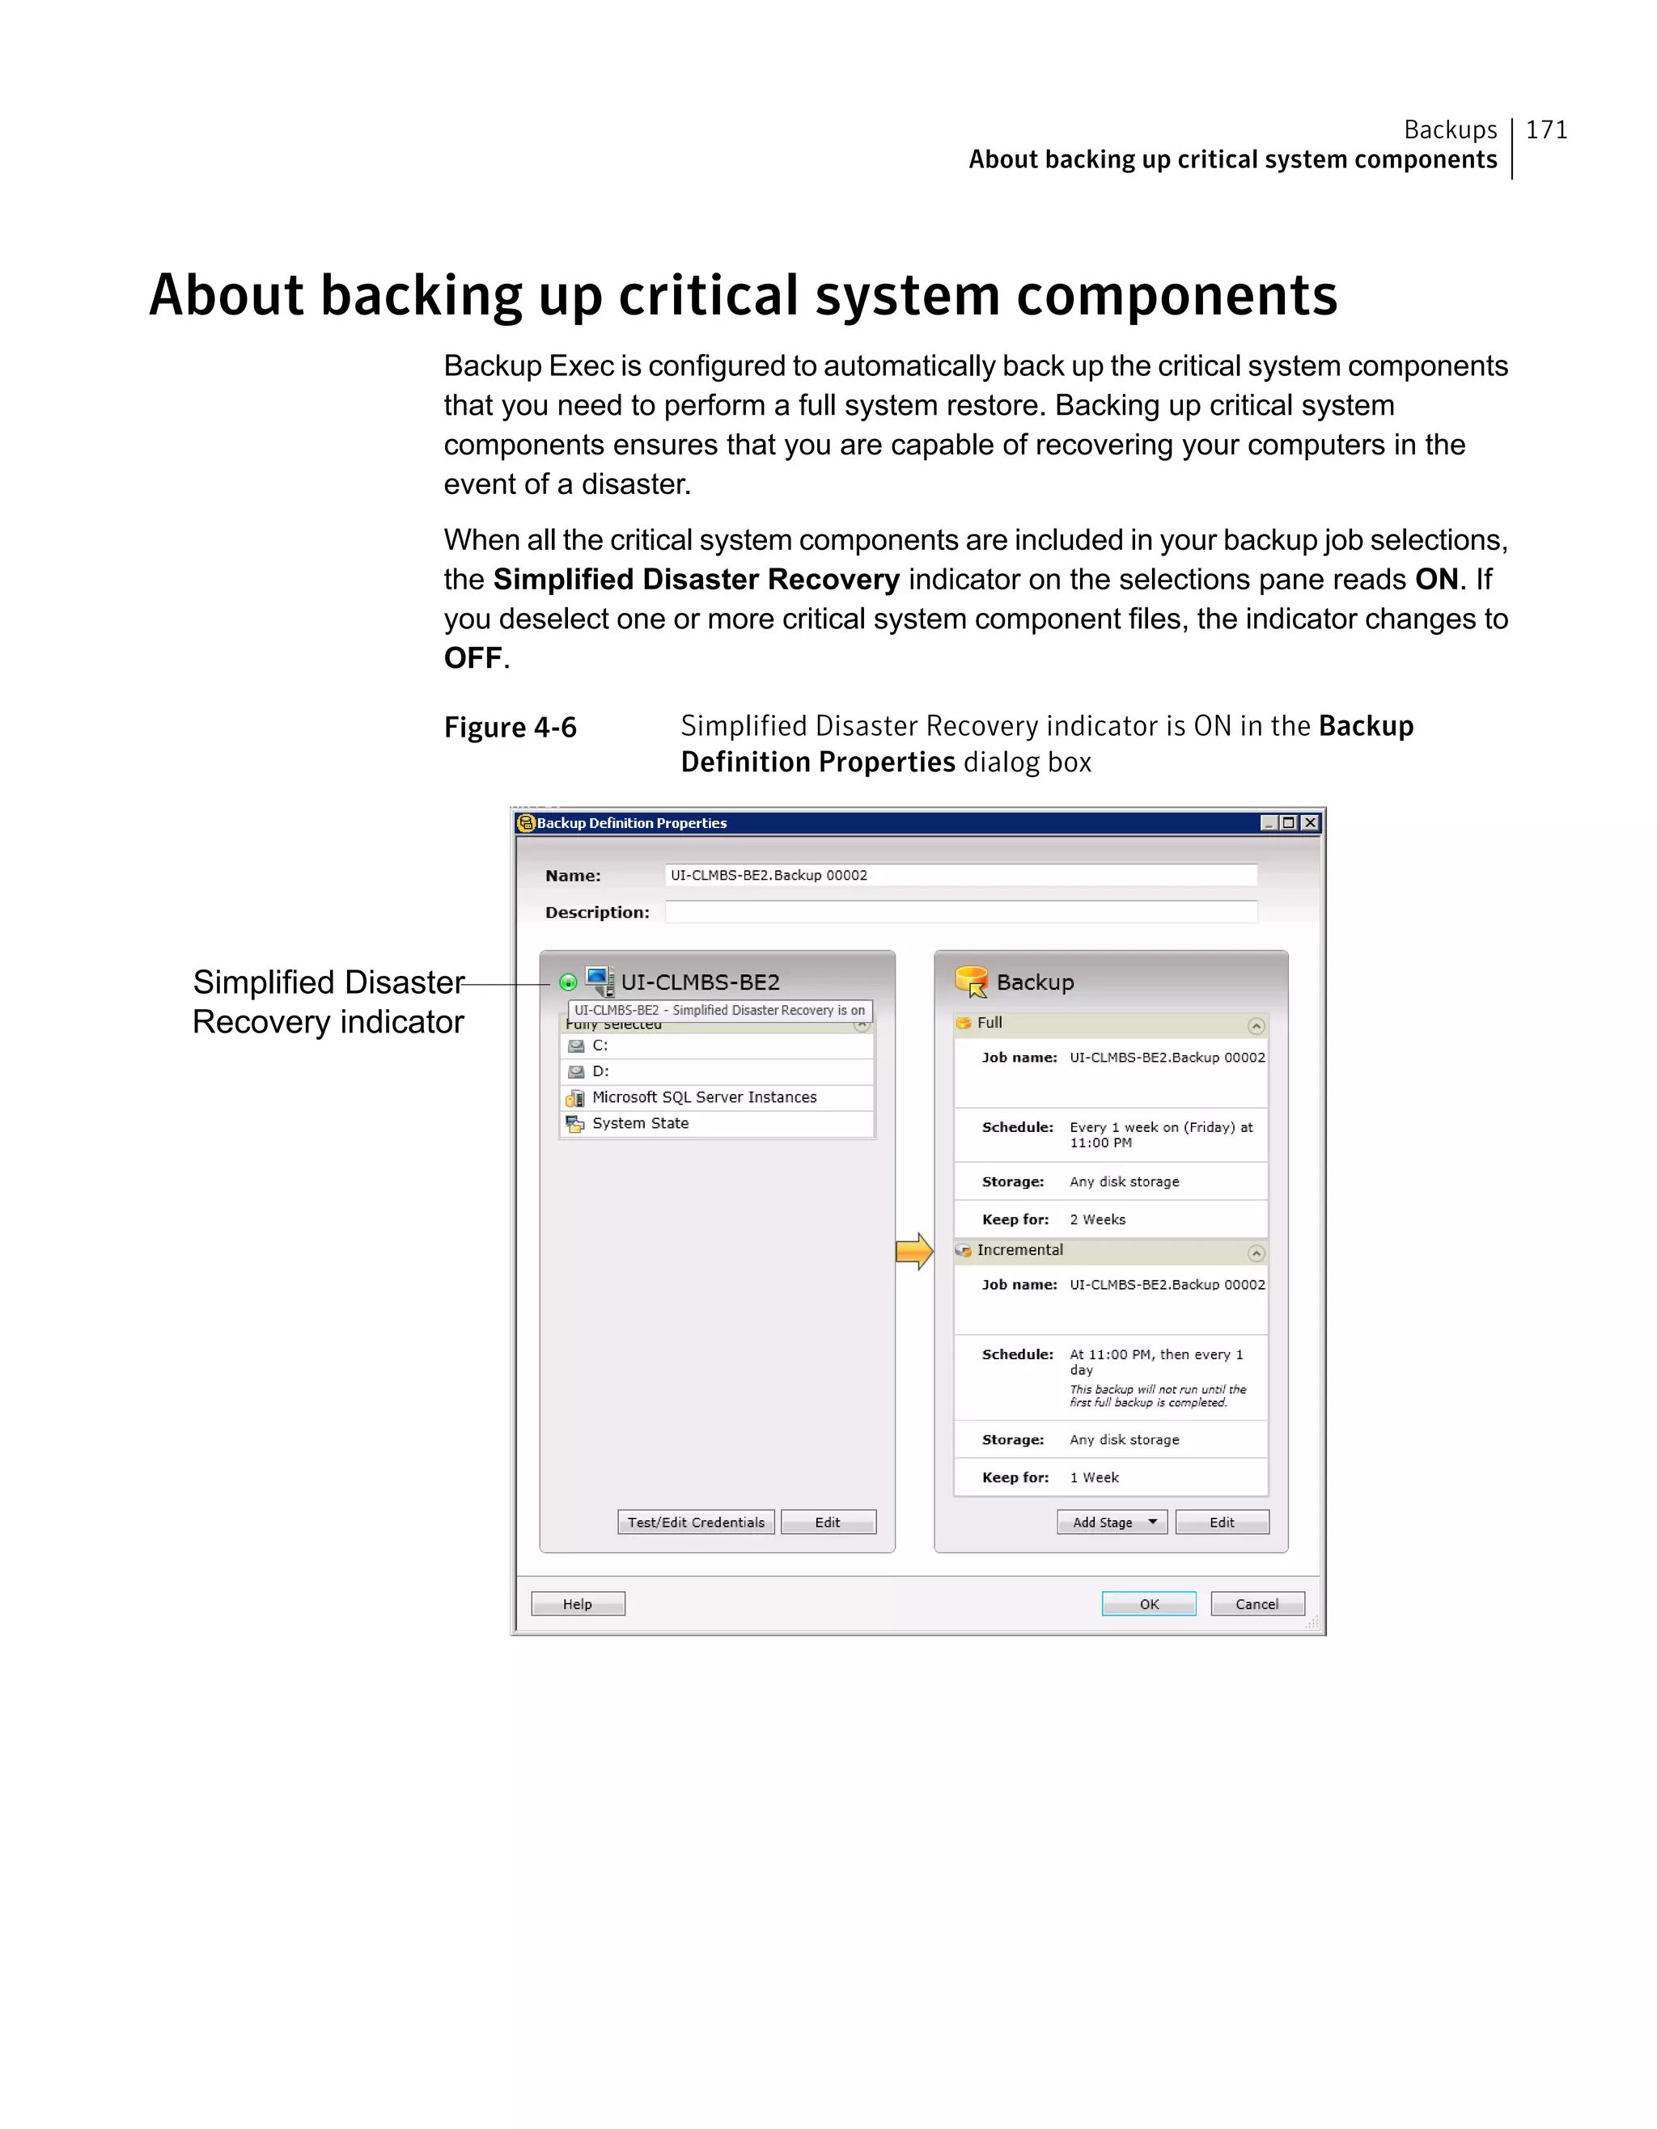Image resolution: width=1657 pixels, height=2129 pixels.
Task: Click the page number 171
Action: coord(1546,129)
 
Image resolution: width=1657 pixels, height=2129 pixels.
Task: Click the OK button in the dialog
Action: coord(1148,1603)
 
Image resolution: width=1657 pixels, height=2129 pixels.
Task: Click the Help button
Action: coord(578,1603)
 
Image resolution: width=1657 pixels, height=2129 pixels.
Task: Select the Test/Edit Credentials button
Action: coord(695,1522)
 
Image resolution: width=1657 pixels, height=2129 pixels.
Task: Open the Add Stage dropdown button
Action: coord(1112,1522)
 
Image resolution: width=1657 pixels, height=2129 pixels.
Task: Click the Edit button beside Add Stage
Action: coord(1221,1522)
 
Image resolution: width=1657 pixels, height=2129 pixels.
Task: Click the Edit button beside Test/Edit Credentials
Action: coord(827,1522)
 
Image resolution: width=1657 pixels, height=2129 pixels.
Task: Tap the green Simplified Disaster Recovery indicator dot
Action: coord(568,982)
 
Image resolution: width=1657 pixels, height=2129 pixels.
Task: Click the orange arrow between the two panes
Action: coord(913,1251)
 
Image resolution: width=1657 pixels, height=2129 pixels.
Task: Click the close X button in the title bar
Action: coord(1311,823)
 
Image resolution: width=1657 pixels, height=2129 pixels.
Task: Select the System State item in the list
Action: coord(640,1123)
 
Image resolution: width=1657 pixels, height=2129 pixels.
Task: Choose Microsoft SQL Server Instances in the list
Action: coord(704,1096)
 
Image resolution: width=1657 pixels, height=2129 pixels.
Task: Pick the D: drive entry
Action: coord(601,1071)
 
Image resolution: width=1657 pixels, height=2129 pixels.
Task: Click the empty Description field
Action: coord(960,911)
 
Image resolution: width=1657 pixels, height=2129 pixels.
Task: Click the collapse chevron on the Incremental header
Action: coord(1257,1252)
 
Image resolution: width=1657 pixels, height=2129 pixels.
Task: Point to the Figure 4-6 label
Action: coord(510,727)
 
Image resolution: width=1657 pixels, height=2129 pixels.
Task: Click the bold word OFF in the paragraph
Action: coord(473,658)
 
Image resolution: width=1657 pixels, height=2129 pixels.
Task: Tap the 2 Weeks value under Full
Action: coord(1097,1219)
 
